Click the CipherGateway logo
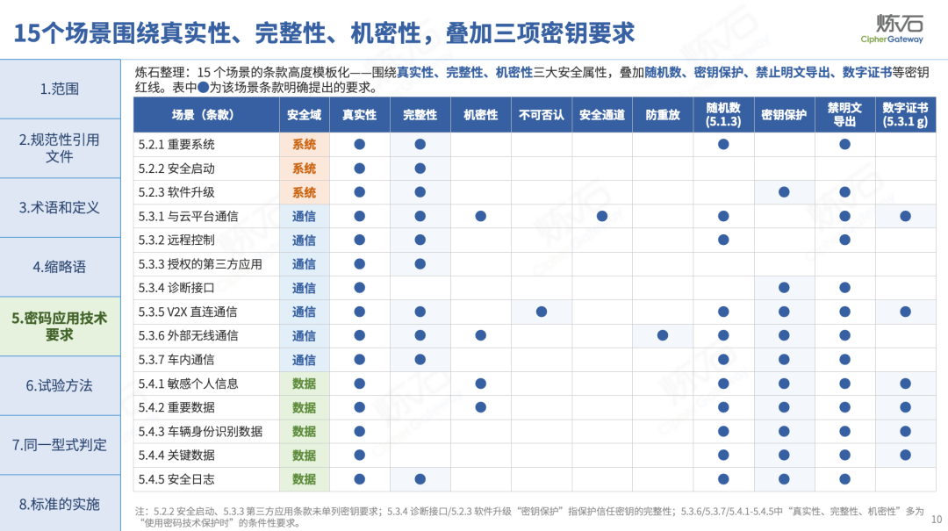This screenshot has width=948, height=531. pyautogui.click(x=893, y=29)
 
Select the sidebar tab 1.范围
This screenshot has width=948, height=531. pyautogui.click(x=60, y=89)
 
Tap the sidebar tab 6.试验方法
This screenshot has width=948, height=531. pyautogui.click(x=60, y=386)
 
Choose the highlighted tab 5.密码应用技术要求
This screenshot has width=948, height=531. pyautogui.click(x=60, y=326)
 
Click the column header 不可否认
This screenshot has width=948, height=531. pyautogui.click(x=541, y=115)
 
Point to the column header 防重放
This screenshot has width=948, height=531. pyautogui.click(x=663, y=115)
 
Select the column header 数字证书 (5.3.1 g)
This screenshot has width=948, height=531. pyautogui.click(x=905, y=115)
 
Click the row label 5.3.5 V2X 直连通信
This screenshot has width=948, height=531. pyautogui.click(x=188, y=312)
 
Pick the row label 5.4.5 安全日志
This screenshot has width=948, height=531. pyautogui.click(x=176, y=479)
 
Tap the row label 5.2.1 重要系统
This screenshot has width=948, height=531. pyautogui.click(x=176, y=145)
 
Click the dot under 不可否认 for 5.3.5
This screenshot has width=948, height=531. pyautogui.click(x=541, y=312)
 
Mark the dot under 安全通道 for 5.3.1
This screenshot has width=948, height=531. pyautogui.click(x=601, y=217)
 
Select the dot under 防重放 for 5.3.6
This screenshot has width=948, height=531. pyautogui.click(x=663, y=335)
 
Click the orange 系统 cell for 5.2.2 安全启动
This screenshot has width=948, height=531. pyautogui.click(x=304, y=169)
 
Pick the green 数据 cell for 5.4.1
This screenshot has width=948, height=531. pyautogui.click(x=304, y=384)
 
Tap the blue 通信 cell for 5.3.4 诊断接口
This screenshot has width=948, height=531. pyautogui.click(x=304, y=289)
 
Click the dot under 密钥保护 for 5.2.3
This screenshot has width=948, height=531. pyautogui.click(x=784, y=192)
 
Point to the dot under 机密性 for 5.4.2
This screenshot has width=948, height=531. pyautogui.click(x=481, y=407)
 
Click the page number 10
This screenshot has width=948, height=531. pyautogui.click(x=937, y=519)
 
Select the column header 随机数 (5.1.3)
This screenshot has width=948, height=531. pyautogui.click(x=723, y=115)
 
